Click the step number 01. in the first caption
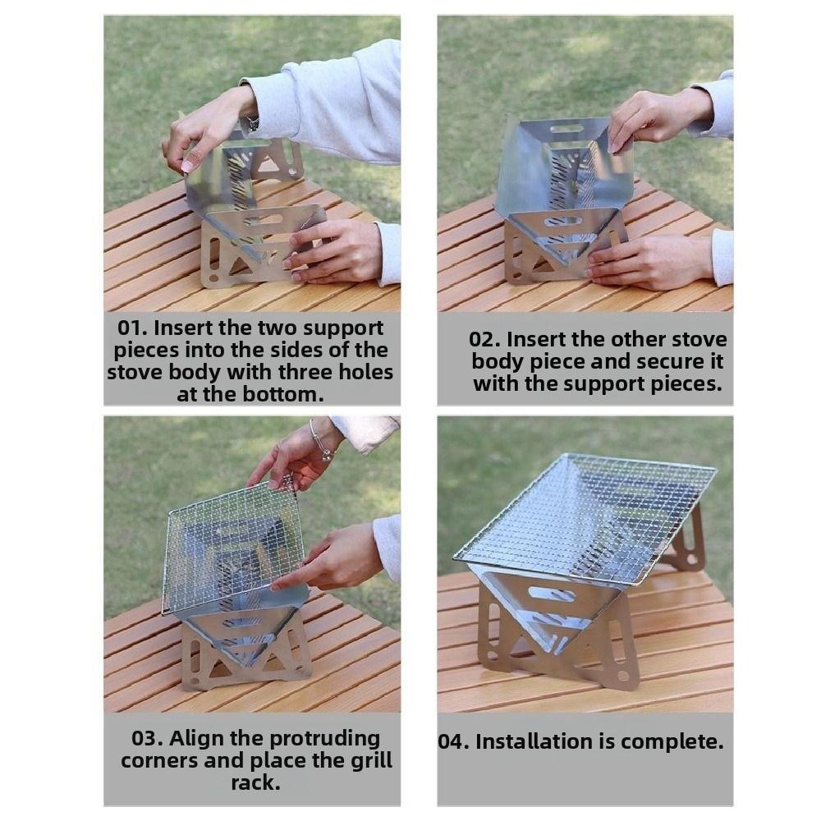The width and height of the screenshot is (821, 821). [x=133, y=328]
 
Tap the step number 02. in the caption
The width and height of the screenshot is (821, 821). [x=484, y=340]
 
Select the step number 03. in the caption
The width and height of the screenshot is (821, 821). [x=148, y=738]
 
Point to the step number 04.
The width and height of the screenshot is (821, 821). [x=453, y=742]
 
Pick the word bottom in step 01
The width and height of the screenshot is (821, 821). [x=283, y=394]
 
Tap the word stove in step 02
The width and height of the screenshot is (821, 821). [x=696, y=340]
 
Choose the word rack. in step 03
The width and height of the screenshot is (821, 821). [x=255, y=782]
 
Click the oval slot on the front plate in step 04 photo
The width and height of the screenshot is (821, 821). [x=552, y=592]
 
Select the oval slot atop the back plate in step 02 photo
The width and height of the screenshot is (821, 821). [x=566, y=129]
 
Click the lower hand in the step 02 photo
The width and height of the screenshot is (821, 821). [x=649, y=261]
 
